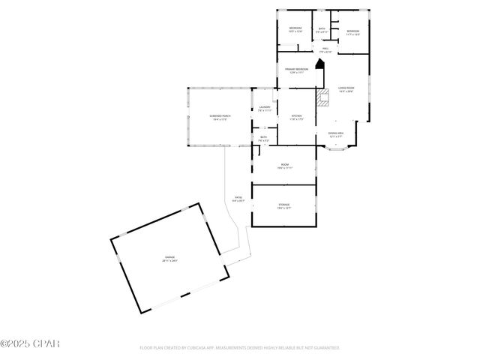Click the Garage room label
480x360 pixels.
click(x=171, y=259)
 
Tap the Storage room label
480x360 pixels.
click(x=283, y=205)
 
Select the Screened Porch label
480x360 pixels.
click(x=220, y=117)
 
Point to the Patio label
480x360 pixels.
click(x=238, y=199)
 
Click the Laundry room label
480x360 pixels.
click(x=265, y=109)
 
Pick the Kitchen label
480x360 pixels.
click(x=296, y=117)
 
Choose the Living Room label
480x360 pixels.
click(x=346, y=89)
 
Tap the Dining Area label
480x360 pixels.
click(x=336, y=134)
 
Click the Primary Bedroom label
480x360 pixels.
click(x=296, y=70)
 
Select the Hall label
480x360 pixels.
click(x=325, y=50)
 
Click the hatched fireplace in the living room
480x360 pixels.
click(x=323, y=97)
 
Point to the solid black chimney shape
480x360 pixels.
click(x=320, y=64)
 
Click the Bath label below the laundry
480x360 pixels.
click(x=263, y=139)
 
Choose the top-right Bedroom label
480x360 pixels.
click(x=352, y=32)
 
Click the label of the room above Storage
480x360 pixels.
click(x=284, y=166)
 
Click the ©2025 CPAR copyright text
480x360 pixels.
click(x=29, y=344)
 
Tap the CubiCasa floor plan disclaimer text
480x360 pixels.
click(x=240, y=348)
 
